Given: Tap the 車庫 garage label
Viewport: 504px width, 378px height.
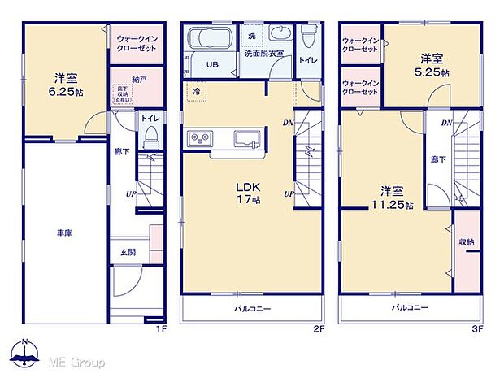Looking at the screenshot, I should (64, 233).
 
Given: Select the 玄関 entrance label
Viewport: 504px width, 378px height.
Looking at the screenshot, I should (128, 252).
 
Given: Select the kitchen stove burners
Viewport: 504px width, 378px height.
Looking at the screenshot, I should (201, 138).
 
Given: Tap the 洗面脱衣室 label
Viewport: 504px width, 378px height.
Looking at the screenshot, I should (264, 54).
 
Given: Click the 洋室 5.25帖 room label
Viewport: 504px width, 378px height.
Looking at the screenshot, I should (431, 64).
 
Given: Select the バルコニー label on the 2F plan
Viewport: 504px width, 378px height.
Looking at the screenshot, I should (254, 309).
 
